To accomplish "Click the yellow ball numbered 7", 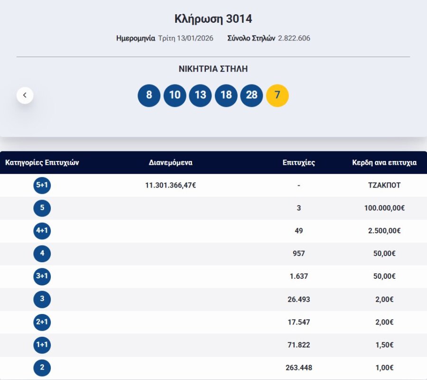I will [x=278, y=95].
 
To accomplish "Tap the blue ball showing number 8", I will [x=149, y=95].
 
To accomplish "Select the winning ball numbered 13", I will [x=200, y=95].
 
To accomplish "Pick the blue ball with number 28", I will [x=251, y=95].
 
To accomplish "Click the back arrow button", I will [x=25, y=95].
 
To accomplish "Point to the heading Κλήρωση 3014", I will [x=213, y=19].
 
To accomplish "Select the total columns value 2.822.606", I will [x=294, y=38].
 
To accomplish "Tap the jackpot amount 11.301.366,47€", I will [x=171, y=185].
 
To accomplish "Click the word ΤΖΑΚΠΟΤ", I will [x=384, y=185].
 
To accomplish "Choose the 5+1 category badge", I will [x=42, y=185].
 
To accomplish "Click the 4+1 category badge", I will [x=42, y=231].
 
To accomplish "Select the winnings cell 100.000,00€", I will [x=384, y=208].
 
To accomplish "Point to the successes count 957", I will [x=299, y=254].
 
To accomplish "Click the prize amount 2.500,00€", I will [x=384, y=231].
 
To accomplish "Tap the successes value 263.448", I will [x=299, y=368].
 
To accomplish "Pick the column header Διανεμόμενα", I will [x=171, y=162].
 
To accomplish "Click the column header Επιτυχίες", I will [x=299, y=162].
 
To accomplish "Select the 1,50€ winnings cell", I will [x=384, y=345].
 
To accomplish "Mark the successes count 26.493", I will [x=299, y=299].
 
